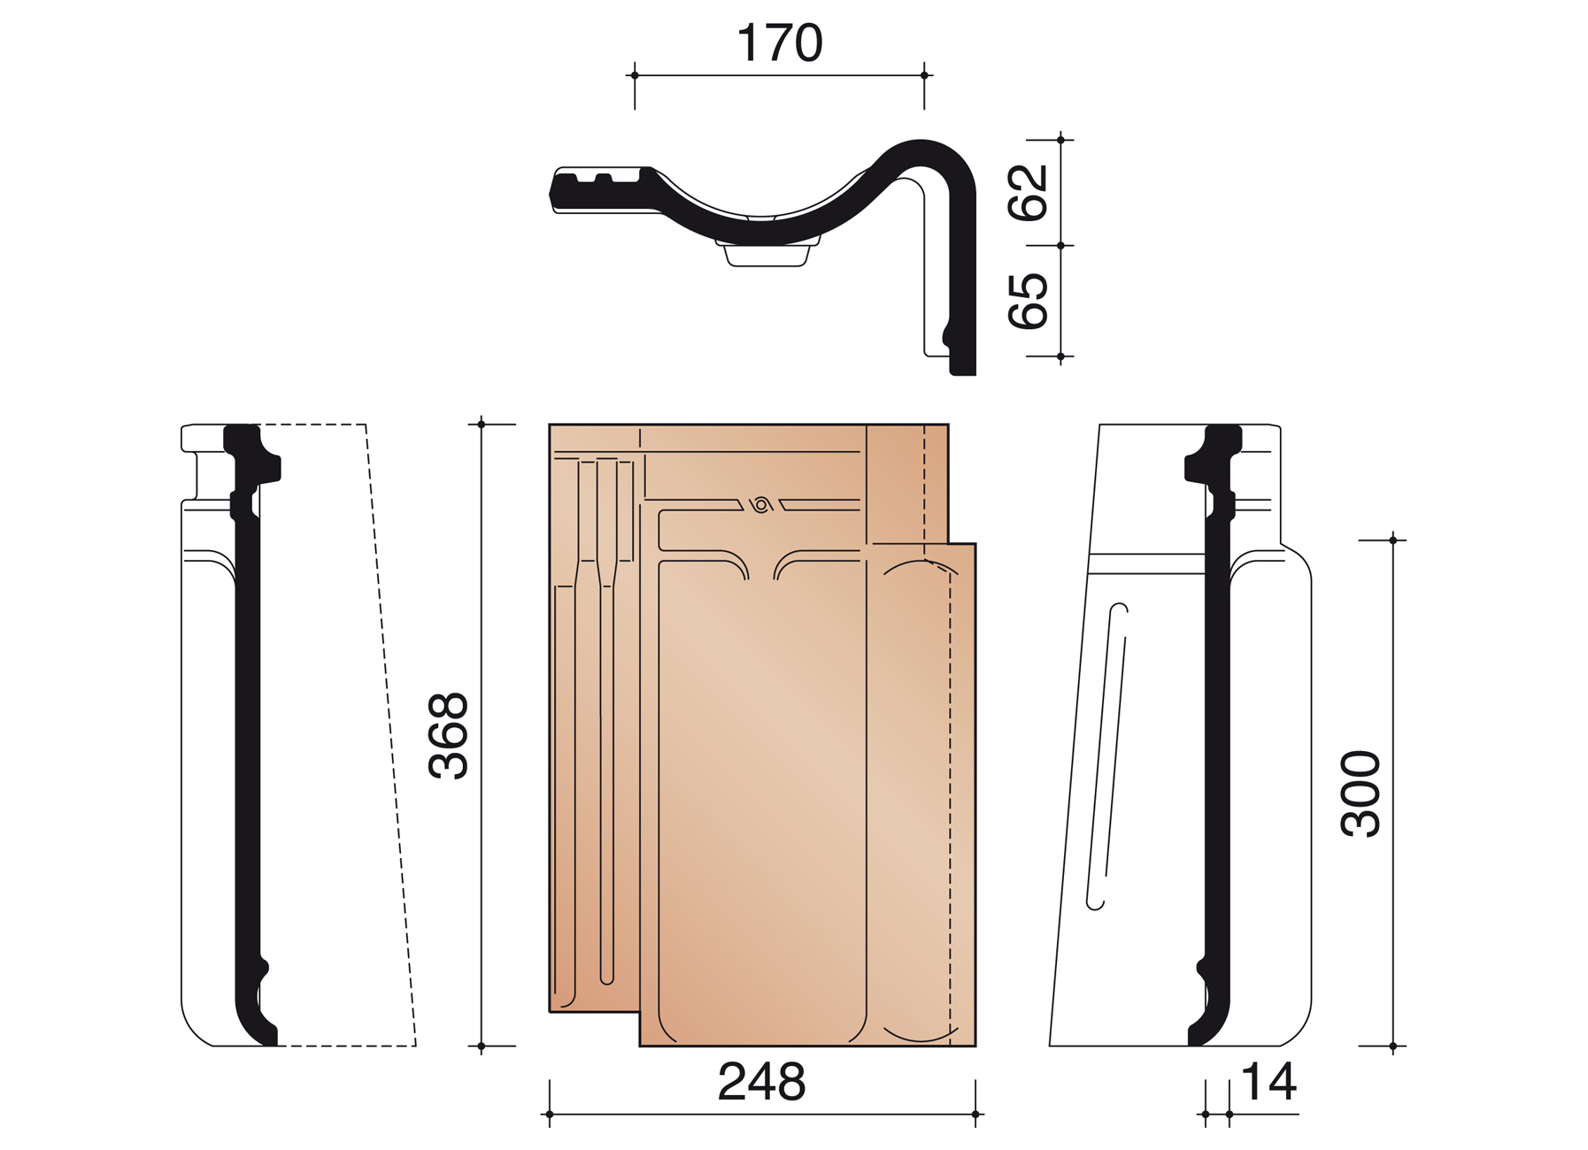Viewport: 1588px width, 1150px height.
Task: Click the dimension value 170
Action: [779, 42]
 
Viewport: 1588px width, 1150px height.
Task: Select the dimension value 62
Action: [1029, 192]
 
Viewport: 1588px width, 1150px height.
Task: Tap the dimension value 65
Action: [1029, 301]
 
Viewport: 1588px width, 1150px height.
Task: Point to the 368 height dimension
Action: [448, 735]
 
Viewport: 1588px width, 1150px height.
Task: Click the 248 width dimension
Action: [761, 1081]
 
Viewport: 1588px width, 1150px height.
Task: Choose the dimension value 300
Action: [1361, 793]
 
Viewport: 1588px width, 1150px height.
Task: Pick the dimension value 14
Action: [1268, 1081]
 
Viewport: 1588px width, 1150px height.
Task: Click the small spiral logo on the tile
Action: [761, 505]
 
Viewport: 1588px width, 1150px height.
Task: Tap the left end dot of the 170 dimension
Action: [635, 75]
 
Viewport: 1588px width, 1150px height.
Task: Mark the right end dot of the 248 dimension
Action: [975, 1114]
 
